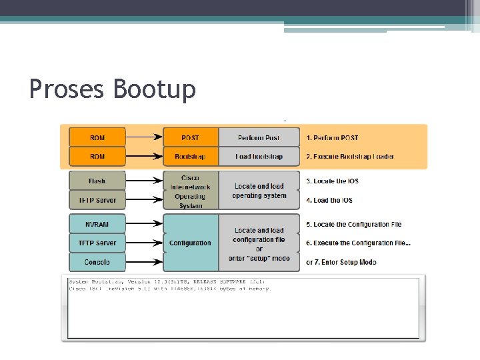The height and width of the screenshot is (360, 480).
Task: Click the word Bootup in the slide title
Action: (x=155, y=89)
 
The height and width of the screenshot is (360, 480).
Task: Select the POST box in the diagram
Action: (x=191, y=138)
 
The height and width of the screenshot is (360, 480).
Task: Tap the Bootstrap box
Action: (x=191, y=157)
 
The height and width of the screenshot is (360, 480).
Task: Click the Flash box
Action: (x=97, y=181)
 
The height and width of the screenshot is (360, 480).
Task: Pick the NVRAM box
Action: (x=97, y=224)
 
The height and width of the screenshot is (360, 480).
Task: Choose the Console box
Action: (x=97, y=262)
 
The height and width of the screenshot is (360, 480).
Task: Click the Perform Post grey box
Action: (x=259, y=138)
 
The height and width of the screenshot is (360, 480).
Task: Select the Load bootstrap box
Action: (x=259, y=157)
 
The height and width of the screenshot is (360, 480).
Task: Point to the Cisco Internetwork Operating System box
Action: (x=191, y=191)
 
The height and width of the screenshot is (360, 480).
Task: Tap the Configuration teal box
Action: (x=191, y=243)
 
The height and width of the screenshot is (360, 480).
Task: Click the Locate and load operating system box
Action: (x=259, y=191)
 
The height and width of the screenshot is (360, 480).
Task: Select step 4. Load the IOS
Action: (x=329, y=200)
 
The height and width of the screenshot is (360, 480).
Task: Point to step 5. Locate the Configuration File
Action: (x=353, y=225)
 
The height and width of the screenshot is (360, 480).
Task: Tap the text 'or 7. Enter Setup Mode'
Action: (x=341, y=262)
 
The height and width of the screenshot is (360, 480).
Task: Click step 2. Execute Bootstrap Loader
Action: (x=350, y=157)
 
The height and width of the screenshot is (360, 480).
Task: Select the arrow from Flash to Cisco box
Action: (x=143, y=181)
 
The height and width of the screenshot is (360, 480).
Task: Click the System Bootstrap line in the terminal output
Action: (x=167, y=282)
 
